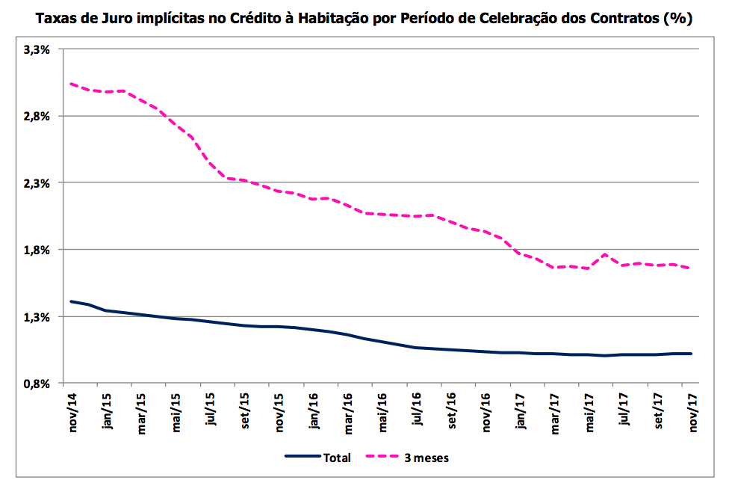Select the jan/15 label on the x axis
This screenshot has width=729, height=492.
(x=108, y=410)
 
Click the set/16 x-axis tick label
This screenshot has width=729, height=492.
(x=451, y=410)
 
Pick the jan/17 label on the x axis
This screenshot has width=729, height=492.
(x=521, y=410)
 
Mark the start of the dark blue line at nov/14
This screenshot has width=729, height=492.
(x=71, y=301)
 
